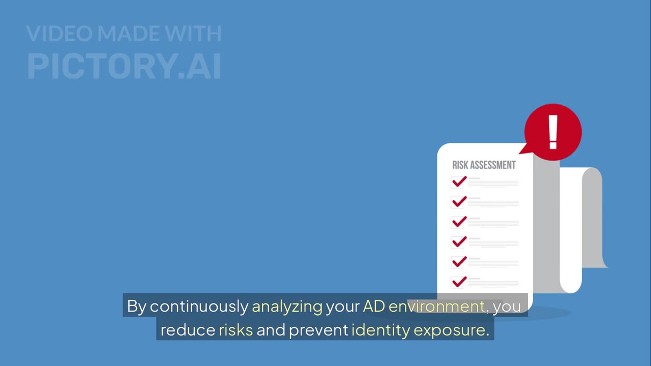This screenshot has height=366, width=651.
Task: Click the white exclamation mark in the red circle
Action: tap(553, 132)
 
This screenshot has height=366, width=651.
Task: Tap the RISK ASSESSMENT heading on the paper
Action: tap(484, 165)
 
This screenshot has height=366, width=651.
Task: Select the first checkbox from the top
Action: tap(458, 182)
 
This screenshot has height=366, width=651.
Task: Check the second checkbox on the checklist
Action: tap(458, 202)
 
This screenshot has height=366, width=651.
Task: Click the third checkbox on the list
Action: tap(458, 222)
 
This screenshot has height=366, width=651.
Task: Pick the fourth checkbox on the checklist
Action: tap(458, 242)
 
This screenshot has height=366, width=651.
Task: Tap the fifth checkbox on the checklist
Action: tap(458, 262)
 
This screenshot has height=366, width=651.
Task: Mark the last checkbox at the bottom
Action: tap(458, 282)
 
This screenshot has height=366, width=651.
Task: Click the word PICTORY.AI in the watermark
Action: tap(124, 66)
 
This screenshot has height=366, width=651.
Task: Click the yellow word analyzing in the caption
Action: tap(287, 307)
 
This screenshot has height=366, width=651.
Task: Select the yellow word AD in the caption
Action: tap(373, 307)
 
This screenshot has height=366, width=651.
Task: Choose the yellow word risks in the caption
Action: tap(235, 330)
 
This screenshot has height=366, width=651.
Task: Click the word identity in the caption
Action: tap(380, 330)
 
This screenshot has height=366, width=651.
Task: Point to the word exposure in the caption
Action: tap(449, 330)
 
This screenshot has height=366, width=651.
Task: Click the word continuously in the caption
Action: tap(199, 307)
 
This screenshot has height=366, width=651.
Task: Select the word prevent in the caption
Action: tap(318, 330)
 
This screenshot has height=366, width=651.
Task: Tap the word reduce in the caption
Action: tap(188, 330)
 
